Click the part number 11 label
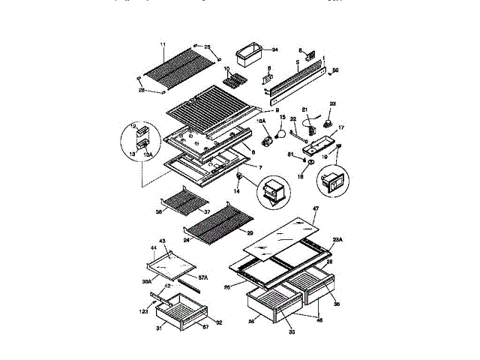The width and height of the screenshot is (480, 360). click(164, 46)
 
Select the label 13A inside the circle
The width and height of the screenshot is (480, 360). click(148, 154)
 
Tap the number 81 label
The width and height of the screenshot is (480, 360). click(291, 154)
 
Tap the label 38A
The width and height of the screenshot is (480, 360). click(148, 282)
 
